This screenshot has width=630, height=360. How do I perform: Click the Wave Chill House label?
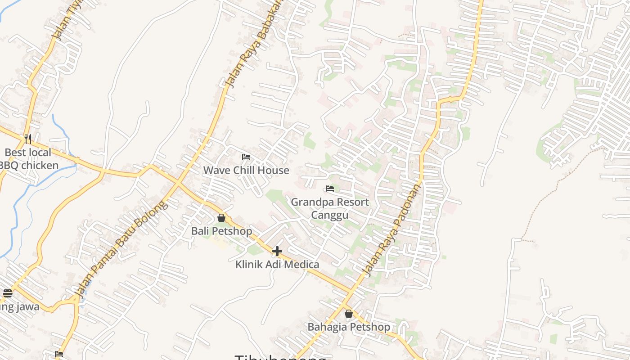[246, 170]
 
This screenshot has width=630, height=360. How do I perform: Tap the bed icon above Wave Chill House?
[246, 157]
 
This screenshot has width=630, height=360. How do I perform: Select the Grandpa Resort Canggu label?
[330, 208]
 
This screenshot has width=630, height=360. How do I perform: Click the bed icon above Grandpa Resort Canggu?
[330, 189]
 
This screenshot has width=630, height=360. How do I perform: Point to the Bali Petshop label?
[221, 231]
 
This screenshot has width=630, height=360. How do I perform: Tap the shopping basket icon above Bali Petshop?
[221, 218]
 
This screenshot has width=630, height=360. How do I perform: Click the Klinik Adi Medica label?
[277, 264]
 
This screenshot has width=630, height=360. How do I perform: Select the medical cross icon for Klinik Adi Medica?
[277, 251]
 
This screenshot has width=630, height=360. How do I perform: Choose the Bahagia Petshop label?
[349, 327]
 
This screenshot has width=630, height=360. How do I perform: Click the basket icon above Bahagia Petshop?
[349, 314]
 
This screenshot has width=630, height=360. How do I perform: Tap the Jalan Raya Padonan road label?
[393, 229]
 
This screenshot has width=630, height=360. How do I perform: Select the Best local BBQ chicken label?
[29, 159]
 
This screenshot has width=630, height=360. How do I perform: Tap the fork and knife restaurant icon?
[28, 139]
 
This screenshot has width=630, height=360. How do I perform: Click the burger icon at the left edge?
[8, 293]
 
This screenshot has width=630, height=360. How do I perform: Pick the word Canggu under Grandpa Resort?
[330, 215]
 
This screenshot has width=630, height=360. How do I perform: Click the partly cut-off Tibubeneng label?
[280, 357]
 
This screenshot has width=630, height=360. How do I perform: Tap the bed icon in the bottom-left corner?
[59, 354]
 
